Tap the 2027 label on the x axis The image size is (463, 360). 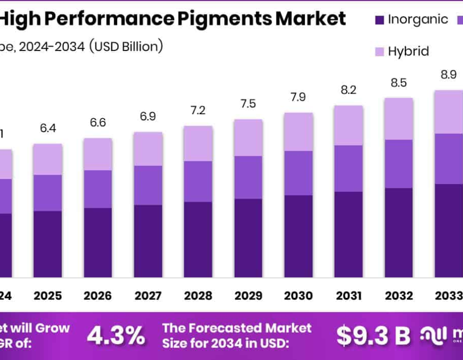coord(148,296)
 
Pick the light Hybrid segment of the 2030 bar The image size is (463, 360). coord(298,131)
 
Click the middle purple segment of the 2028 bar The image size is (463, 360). coord(198,181)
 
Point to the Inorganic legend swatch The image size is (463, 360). coord(380,20)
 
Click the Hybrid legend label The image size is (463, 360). coord(408,51)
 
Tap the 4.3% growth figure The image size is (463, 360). coord(116,335)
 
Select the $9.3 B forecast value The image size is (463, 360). coord(373,335)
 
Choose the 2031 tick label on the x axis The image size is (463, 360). coord(349,296)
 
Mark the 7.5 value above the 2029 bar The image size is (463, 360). coord(248,104)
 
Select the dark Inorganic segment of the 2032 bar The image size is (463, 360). coord(399,232)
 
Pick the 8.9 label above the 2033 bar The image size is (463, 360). coord(449,75)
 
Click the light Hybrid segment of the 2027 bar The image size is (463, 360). coord(148,149)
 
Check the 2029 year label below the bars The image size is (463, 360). coord(248,296)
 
